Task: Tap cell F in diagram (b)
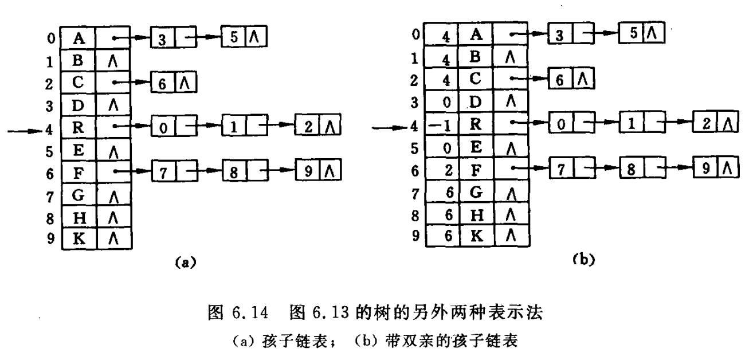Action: pos(475,170)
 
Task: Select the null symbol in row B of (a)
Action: pos(113,62)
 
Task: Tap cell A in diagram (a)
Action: pos(79,39)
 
